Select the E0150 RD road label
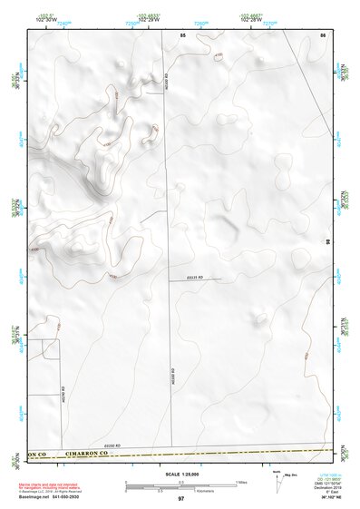(112, 445)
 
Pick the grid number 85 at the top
(182, 34)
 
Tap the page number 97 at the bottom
(180, 499)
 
